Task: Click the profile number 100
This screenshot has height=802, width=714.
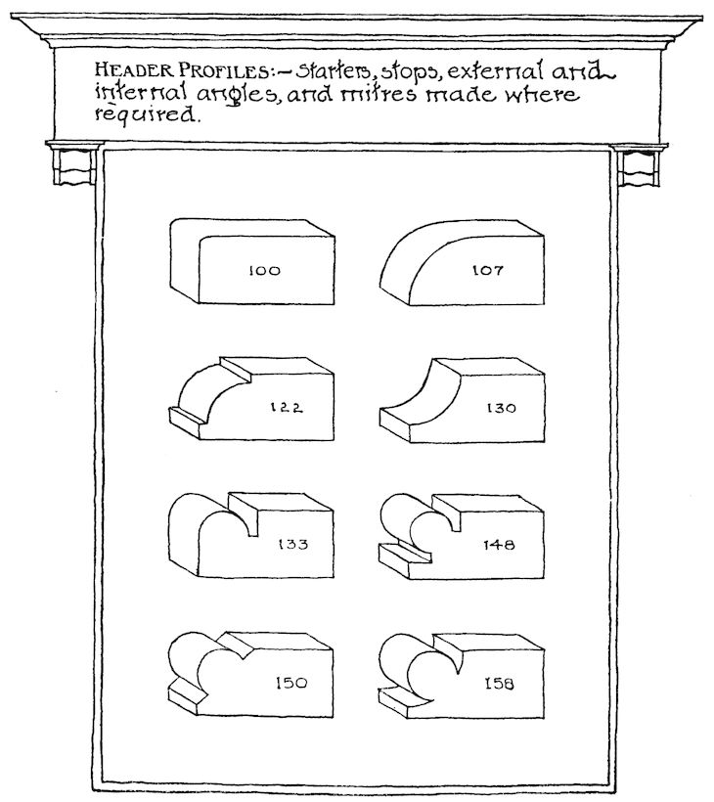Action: (x=264, y=271)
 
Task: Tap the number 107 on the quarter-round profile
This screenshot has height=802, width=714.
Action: (x=486, y=271)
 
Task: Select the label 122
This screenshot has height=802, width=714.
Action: (x=286, y=409)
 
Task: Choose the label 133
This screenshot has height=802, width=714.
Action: (x=292, y=544)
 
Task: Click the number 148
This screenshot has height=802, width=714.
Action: (x=495, y=544)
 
